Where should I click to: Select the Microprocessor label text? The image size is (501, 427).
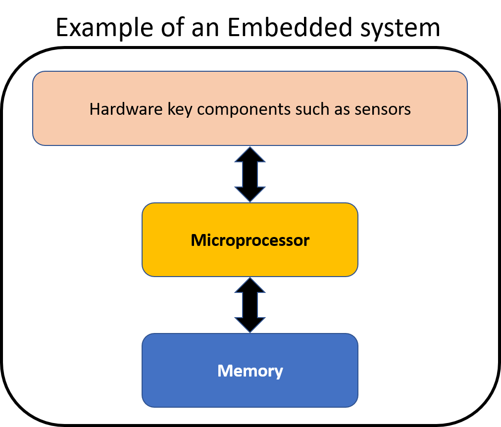pos(250,240)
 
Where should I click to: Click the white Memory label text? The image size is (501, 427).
pos(250,371)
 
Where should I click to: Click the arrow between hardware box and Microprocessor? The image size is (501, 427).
pos(250,174)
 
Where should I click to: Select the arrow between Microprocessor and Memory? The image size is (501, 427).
pos(250,305)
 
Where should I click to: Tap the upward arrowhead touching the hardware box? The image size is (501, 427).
pos(250,155)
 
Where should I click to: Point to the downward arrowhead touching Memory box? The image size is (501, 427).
pos(250,324)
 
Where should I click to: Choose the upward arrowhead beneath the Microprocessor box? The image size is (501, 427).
pos(250,285)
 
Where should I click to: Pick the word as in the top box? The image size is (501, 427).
pos(343,109)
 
